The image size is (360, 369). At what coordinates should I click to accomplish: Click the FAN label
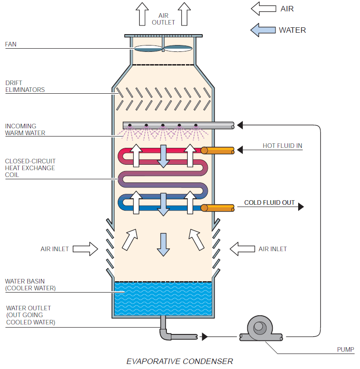11,44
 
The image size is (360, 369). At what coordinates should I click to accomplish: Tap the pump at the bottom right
260,329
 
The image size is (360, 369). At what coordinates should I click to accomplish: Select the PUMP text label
345,349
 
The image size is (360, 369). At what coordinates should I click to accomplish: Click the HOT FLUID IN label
282,146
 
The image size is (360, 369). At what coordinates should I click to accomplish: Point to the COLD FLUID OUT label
269,202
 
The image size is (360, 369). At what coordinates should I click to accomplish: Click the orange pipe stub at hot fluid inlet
218,151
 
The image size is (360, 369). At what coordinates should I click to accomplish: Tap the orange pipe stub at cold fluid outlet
218,208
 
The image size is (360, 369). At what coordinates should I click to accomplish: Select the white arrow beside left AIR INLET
85,249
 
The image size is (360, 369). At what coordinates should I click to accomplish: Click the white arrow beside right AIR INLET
242,249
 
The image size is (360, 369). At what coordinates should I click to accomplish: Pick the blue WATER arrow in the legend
263,30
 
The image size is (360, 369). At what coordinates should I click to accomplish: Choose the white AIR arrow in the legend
263,9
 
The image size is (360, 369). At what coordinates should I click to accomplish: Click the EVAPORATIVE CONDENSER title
180,361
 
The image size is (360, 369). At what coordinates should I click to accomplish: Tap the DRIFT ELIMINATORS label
25,86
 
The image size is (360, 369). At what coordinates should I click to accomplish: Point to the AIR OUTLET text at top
164,19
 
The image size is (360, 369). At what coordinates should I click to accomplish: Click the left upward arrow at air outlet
142,14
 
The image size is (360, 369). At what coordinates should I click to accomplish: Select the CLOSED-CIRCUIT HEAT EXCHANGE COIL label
30,168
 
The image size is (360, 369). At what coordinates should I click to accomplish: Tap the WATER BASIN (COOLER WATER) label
30,285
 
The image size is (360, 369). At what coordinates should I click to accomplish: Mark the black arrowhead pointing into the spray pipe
240,125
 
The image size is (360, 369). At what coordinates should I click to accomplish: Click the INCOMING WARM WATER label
25,129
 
